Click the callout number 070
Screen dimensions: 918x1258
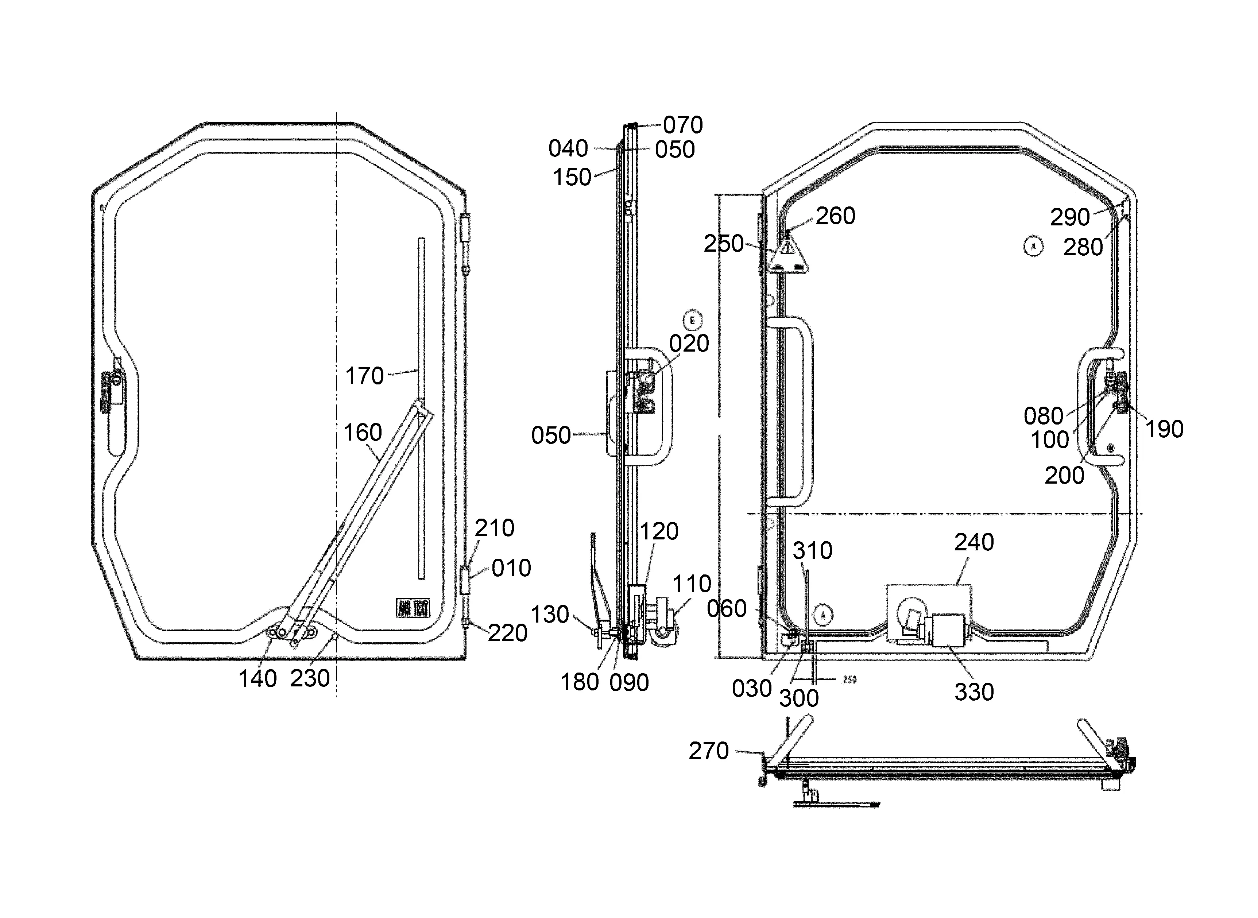[x=682, y=125]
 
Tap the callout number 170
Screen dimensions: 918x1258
[x=364, y=376]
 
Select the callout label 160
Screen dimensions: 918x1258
[x=362, y=432]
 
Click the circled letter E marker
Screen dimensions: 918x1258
[x=692, y=321]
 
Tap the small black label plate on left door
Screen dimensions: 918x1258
[x=413, y=608]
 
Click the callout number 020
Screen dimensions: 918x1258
[x=689, y=344]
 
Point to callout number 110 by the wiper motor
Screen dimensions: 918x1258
[x=692, y=584]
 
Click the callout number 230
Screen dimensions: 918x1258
[x=310, y=678]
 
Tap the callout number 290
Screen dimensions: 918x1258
[x=1070, y=217]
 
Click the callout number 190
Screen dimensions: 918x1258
[x=1164, y=429]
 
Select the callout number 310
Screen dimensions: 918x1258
[x=812, y=551]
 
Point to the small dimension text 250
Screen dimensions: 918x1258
[x=849, y=679]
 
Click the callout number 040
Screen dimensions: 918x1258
[x=568, y=148]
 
